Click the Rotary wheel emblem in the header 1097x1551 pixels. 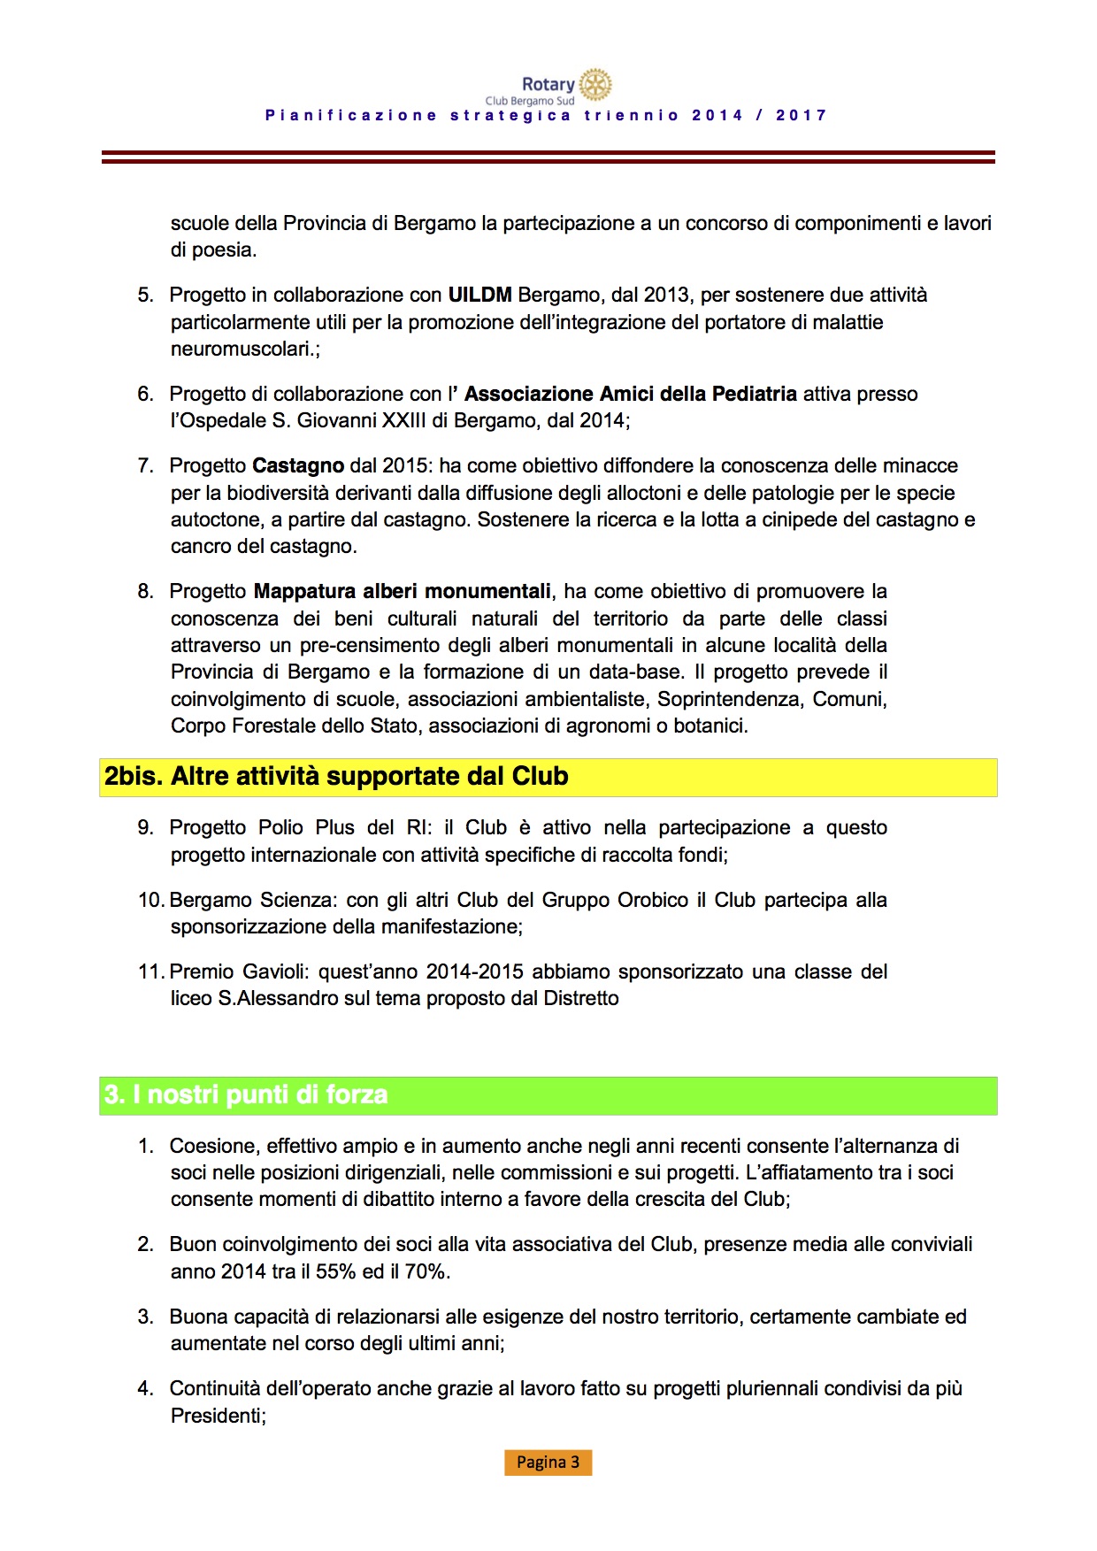(x=595, y=84)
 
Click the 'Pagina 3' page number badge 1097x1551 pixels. (x=548, y=1462)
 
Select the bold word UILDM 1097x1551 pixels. (x=479, y=295)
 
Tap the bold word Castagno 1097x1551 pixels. (x=298, y=465)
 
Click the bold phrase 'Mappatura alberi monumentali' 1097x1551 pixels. (x=403, y=591)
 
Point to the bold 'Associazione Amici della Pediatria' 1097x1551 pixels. (x=631, y=394)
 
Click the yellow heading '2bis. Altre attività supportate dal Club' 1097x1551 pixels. (x=336, y=777)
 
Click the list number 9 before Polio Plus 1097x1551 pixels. (x=145, y=827)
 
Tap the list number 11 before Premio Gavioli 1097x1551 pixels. (x=150, y=971)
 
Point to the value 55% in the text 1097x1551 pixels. (x=336, y=1271)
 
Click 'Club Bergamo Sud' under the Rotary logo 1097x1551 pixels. (x=529, y=101)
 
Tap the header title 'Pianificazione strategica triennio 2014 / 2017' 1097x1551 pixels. (x=547, y=115)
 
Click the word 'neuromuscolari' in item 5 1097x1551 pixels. (x=241, y=349)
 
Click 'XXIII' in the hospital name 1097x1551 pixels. (x=403, y=420)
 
